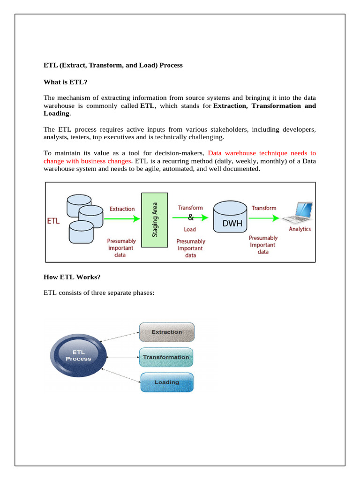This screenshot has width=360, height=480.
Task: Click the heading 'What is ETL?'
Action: (x=65, y=82)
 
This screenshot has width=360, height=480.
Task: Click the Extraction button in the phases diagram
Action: (x=167, y=332)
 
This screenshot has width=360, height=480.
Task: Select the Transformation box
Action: (x=166, y=357)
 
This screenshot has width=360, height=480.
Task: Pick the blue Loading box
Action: (x=167, y=382)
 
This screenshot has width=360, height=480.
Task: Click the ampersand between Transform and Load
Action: (x=190, y=218)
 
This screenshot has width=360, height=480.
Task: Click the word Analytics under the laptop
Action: (x=300, y=229)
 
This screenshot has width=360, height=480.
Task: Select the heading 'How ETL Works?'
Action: (x=72, y=277)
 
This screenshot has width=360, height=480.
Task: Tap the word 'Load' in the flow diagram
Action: (x=190, y=230)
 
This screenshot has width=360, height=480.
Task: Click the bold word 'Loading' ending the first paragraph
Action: (x=56, y=113)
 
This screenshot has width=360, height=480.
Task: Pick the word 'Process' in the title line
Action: (x=171, y=65)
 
